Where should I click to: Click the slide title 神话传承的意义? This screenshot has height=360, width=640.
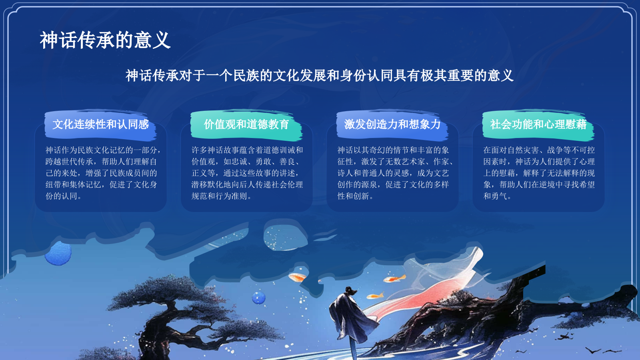tap(105, 40)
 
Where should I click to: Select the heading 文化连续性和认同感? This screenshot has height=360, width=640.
tap(100, 124)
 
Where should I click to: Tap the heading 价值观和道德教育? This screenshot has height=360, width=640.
tap(246, 124)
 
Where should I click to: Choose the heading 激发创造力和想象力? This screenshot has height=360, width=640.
tap(392, 124)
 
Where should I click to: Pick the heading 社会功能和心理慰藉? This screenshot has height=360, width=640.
tap(538, 124)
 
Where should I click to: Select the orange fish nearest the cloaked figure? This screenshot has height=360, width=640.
tap(375, 296)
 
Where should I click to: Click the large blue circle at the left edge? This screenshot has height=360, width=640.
tap(58, 253)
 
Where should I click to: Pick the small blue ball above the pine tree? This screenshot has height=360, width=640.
tap(259, 298)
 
